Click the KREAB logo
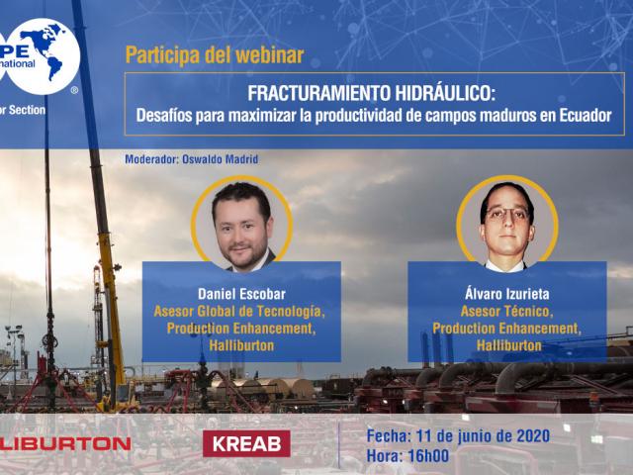click(x=246, y=443)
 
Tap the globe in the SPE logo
click(x=45, y=54)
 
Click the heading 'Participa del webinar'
click(x=215, y=55)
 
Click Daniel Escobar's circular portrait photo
click(x=242, y=224)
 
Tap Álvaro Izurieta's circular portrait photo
click(x=507, y=223)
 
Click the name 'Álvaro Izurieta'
click(x=507, y=295)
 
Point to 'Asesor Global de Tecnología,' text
click(x=239, y=312)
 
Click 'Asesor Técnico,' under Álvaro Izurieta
click(x=507, y=312)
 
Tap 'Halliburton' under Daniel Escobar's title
click(x=241, y=345)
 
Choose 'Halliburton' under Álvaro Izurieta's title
click(x=508, y=345)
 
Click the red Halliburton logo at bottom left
click(x=64, y=443)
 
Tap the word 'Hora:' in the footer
click(x=384, y=456)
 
